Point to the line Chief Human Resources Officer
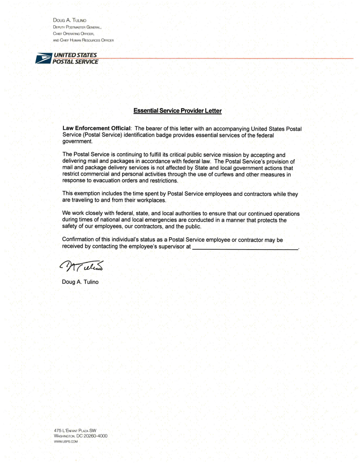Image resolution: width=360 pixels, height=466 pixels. point(83,40)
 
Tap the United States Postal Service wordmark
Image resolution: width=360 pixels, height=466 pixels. point(75,58)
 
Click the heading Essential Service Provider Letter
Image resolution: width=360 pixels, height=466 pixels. point(178,110)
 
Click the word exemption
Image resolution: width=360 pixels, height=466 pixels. point(89,194)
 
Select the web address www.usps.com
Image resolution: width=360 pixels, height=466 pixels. point(66,442)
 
